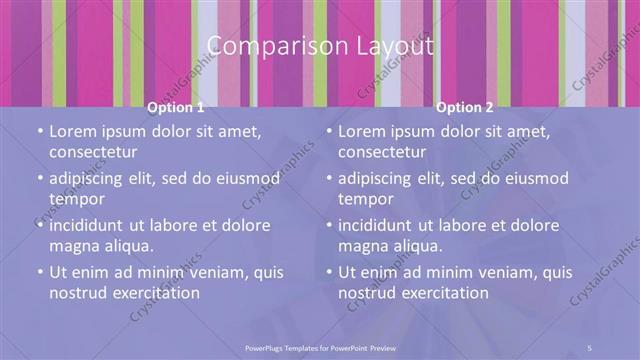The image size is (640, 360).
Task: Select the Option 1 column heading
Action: point(176,107)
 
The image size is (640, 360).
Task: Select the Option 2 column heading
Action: point(465,107)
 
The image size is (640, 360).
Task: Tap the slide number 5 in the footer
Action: point(589,347)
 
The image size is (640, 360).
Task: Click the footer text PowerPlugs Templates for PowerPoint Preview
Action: point(320,347)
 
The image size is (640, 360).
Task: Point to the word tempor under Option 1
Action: point(78,198)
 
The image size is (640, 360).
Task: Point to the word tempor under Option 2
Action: point(367,198)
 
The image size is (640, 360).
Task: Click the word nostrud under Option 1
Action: point(77,292)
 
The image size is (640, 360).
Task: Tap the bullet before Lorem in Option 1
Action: point(39,132)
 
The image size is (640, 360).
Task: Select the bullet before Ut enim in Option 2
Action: point(328,272)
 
